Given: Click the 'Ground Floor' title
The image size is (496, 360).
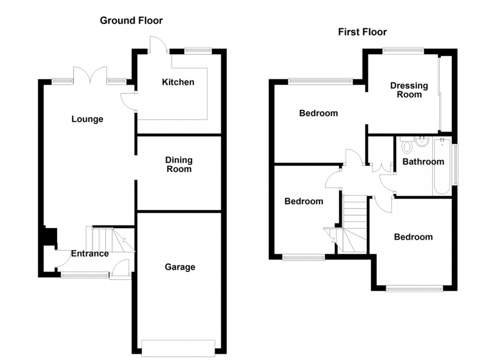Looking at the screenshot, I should [x=131, y=21].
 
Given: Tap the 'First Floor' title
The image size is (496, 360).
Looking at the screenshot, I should [x=362, y=32].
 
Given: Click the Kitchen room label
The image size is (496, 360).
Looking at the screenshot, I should [x=178, y=82].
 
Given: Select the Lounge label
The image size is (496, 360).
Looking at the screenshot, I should [x=87, y=119].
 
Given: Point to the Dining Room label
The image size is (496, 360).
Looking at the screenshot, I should [x=179, y=164].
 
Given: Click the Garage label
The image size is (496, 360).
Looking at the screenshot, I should [x=180, y=267].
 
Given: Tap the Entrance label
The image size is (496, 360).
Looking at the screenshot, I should [x=90, y=253].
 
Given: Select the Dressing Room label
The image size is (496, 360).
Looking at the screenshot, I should [x=409, y=90].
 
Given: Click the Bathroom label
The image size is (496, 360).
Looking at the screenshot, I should [x=423, y=162].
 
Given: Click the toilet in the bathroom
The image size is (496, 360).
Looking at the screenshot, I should [x=406, y=146].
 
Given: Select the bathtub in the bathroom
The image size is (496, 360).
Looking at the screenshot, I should [x=441, y=167].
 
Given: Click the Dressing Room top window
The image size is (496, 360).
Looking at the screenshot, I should [x=403, y=50].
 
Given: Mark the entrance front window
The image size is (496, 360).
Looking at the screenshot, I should [x=85, y=275].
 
